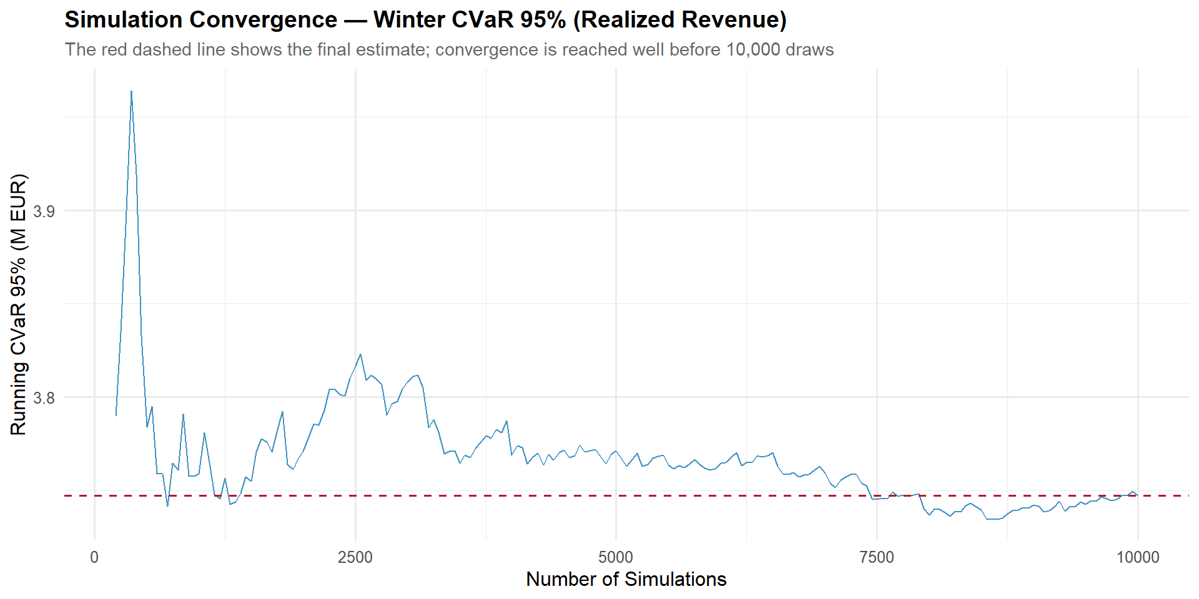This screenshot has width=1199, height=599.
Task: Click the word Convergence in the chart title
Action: (x=263, y=20)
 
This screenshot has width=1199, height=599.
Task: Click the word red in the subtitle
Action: (x=113, y=50)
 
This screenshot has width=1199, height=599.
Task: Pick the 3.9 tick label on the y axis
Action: (x=44, y=212)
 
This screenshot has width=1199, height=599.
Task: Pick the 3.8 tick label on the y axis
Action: (x=44, y=397)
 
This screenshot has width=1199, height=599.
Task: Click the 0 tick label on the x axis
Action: (x=94, y=557)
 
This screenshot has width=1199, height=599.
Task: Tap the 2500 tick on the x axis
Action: (x=355, y=557)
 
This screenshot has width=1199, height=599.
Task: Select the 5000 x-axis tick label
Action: (x=616, y=557)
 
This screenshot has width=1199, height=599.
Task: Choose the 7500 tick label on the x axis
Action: (x=877, y=557)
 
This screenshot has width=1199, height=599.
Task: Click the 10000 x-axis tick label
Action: (x=1138, y=557)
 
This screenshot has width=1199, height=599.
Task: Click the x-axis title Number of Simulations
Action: (x=626, y=579)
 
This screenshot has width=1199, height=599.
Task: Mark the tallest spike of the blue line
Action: (x=131, y=91)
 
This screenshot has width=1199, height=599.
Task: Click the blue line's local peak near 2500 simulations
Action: (x=360, y=354)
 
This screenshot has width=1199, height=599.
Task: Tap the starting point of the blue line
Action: (x=116, y=416)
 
